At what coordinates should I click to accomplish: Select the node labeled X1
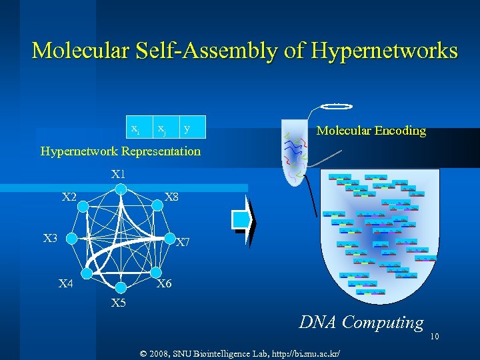pyautogui.click(x=120, y=189)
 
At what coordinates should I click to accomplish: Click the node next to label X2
pyautogui.click(x=82, y=207)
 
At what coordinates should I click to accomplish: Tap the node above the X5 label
pyautogui.click(x=120, y=287)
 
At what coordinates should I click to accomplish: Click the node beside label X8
pyautogui.click(x=158, y=207)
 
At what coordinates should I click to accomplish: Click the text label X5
pyautogui.click(x=119, y=303)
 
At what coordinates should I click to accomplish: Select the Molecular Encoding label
pyautogui.click(x=371, y=131)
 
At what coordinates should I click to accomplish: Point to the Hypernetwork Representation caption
pyautogui.click(x=120, y=151)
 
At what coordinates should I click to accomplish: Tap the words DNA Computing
pyautogui.click(x=361, y=323)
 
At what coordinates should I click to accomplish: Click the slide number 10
pyautogui.click(x=434, y=337)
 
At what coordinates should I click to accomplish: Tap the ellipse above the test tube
pyautogui.click(x=336, y=106)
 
